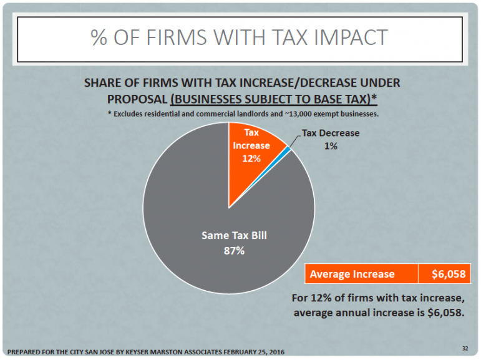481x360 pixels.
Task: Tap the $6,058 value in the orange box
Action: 444,274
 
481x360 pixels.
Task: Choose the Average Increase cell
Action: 352,274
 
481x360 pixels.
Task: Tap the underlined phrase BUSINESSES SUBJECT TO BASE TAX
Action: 275,99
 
